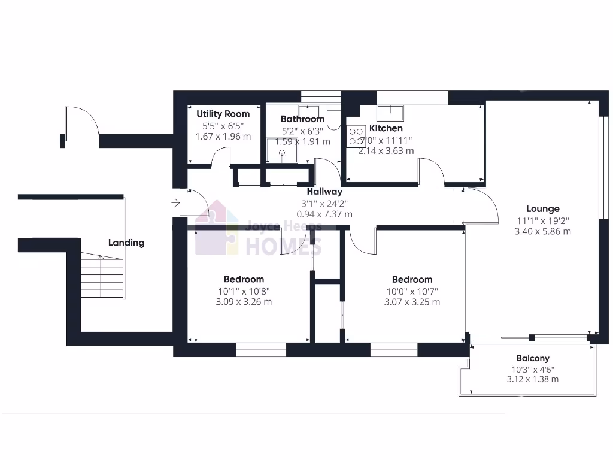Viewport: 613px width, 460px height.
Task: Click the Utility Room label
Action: [x=223, y=114]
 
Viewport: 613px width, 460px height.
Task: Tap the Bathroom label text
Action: [x=302, y=119]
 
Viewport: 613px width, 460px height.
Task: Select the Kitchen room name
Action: [x=386, y=128]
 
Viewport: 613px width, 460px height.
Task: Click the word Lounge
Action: [x=542, y=209]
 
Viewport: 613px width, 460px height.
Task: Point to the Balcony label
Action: [x=533, y=358]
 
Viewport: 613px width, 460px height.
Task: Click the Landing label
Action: [x=126, y=243]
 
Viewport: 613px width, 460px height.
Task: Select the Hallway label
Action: [x=324, y=192]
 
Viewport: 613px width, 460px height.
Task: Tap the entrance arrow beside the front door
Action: [x=175, y=203]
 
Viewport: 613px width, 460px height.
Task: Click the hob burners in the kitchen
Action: [x=356, y=136]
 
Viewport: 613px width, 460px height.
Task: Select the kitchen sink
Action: [x=390, y=111]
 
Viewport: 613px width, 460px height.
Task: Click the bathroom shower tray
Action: [x=282, y=153]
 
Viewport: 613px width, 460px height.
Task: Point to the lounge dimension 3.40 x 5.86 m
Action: [x=542, y=231]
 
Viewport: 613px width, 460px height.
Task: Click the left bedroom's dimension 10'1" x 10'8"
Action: [x=244, y=292]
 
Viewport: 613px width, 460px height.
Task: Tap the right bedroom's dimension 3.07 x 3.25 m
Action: [x=412, y=302]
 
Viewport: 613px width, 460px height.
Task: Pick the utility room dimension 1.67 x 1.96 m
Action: [x=223, y=136]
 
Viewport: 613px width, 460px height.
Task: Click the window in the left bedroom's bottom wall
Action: [x=261, y=350]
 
